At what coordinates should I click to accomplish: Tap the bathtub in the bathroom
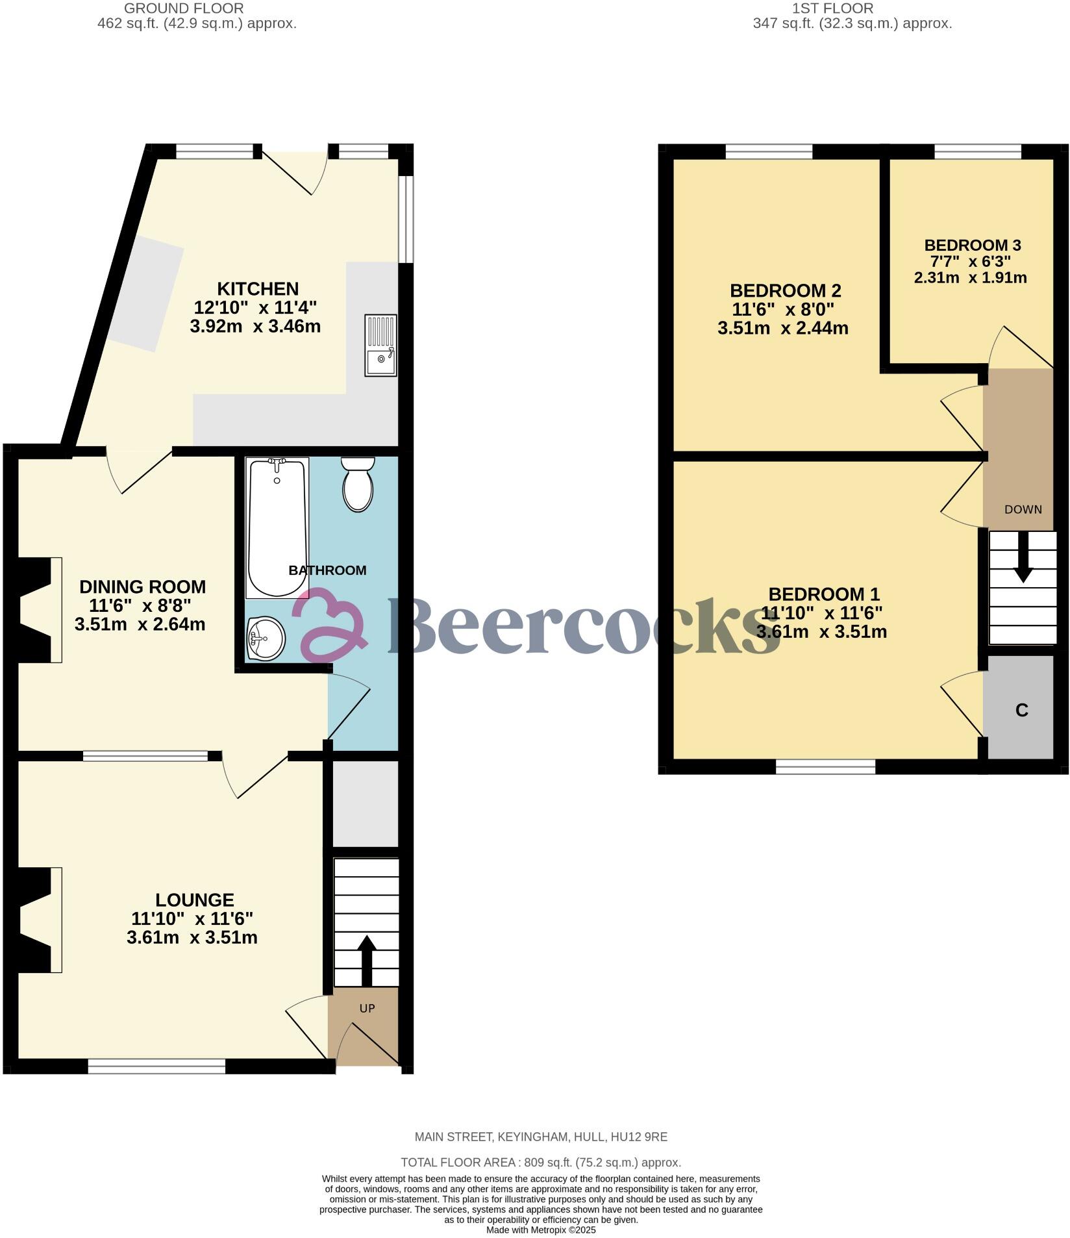point(277,527)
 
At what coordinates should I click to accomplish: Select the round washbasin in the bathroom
point(266,637)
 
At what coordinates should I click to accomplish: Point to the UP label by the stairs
point(367,1009)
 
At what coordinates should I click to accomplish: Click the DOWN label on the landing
point(1023,509)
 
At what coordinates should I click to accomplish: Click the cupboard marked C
point(1021,710)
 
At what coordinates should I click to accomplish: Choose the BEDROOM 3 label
point(973,245)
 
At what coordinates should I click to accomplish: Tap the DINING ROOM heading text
point(142,587)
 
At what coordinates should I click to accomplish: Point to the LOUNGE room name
point(194,900)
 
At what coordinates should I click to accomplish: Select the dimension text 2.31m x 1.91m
point(970,278)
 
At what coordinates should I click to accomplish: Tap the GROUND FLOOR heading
point(184,8)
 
